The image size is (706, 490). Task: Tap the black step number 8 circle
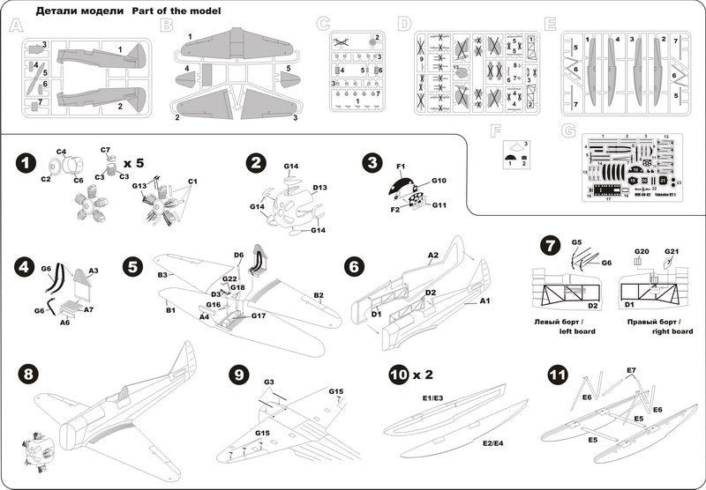click(28, 374)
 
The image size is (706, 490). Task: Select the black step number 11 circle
click(557, 375)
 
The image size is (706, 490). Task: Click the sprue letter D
click(404, 24)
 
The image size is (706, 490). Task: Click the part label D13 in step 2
click(319, 188)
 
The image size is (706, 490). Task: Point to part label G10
click(439, 181)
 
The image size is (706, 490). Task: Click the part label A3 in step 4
click(93, 271)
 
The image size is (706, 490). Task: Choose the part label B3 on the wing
click(162, 276)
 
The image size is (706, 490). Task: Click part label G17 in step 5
click(259, 316)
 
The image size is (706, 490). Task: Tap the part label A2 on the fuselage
click(433, 256)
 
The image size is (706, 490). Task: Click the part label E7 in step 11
click(631, 370)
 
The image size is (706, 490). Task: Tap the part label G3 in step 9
click(267, 382)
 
